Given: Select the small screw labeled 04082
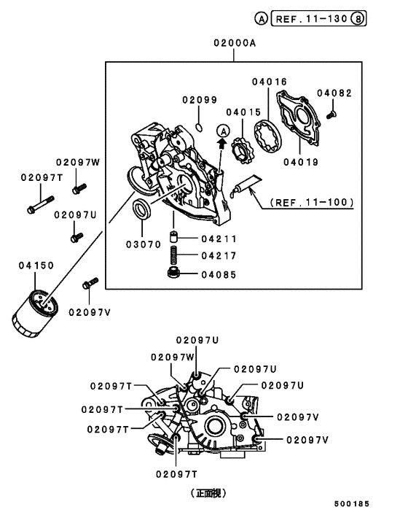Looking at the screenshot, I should tap(332, 112).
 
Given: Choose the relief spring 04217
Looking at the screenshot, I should tap(175, 255).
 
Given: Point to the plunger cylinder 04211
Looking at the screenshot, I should tap(175, 239).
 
